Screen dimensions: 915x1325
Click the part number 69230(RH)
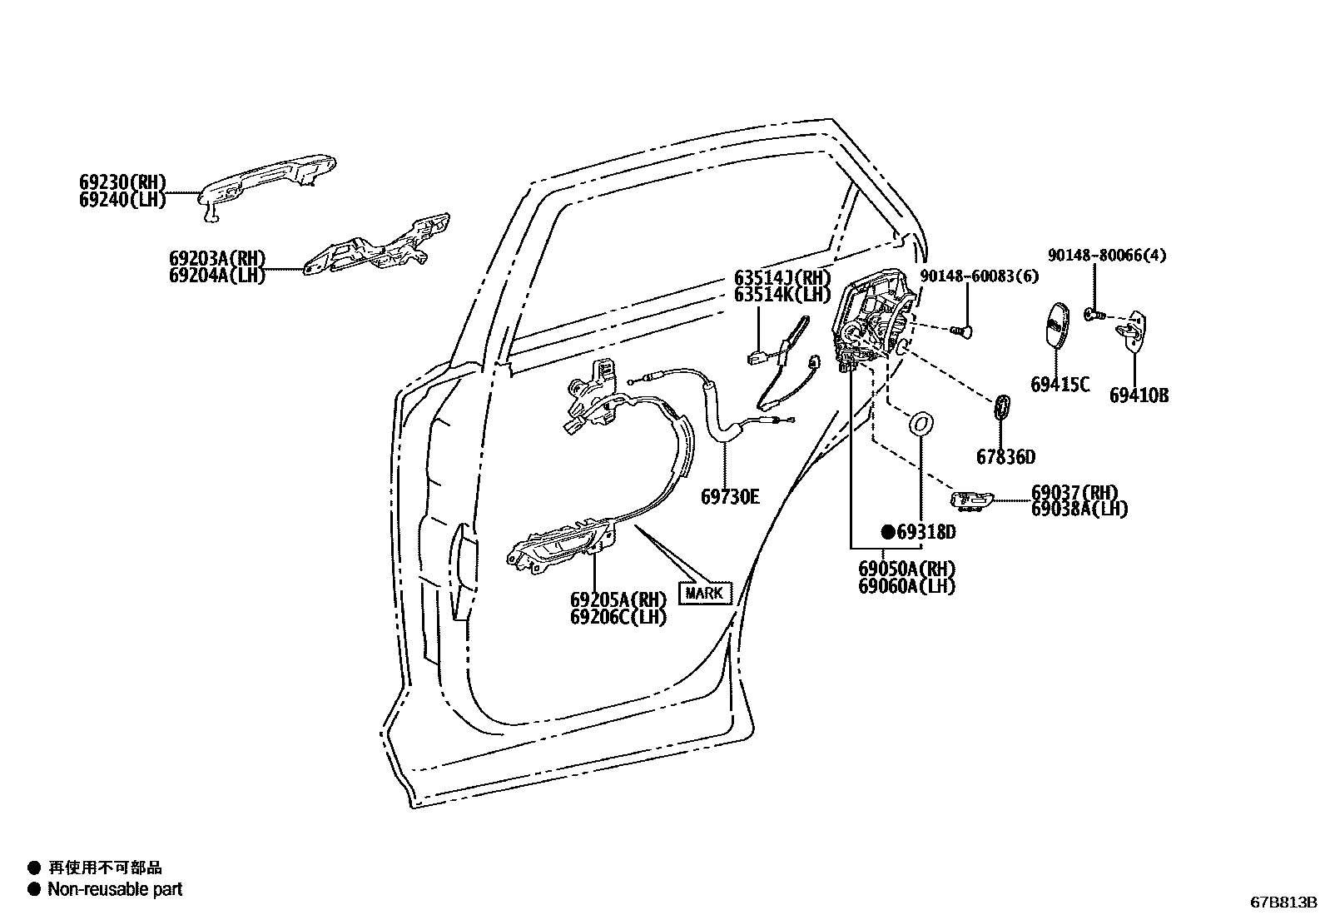click(x=123, y=182)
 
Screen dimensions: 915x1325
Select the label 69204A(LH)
click(x=216, y=276)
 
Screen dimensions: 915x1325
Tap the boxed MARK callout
click(x=704, y=594)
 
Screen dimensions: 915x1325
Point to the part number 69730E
click(x=730, y=497)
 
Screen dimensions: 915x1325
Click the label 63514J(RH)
click(x=782, y=277)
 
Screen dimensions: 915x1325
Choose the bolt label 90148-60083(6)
click(x=980, y=276)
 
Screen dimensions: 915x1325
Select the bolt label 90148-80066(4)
click(x=1106, y=256)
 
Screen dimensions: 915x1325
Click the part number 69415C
click(x=1060, y=385)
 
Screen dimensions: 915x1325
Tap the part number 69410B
click(x=1139, y=395)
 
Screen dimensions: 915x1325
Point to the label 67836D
click(x=1005, y=457)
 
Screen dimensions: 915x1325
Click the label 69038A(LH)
click(x=1079, y=509)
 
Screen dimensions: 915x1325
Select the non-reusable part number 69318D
click(x=919, y=531)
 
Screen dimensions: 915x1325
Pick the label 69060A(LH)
click(x=906, y=586)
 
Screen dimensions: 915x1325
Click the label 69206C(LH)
click(x=618, y=618)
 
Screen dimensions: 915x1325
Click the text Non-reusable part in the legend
click(x=115, y=889)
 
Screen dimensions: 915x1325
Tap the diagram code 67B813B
click(x=1283, y=902)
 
